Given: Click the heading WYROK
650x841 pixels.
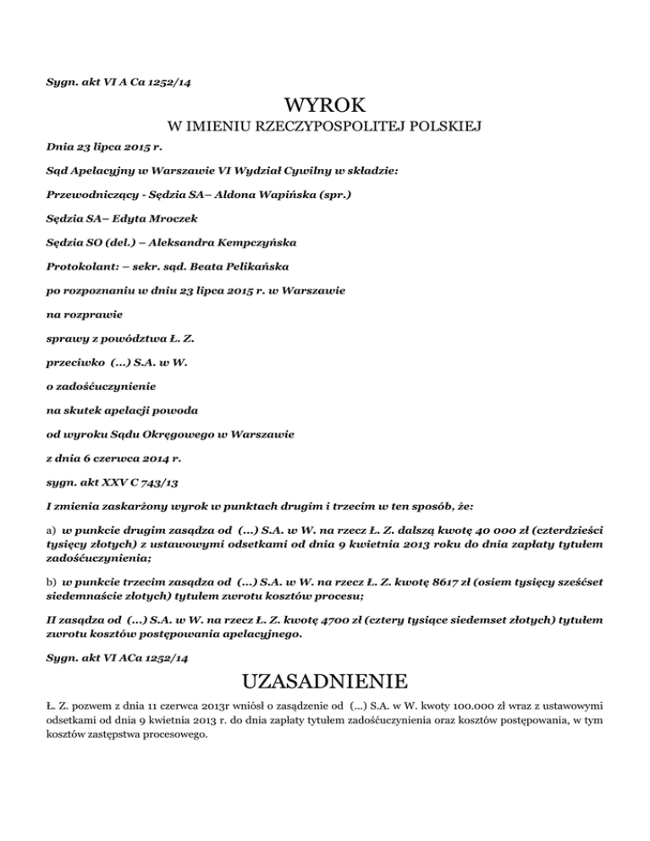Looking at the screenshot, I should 325,106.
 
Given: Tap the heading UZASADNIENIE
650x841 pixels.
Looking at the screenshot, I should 325,682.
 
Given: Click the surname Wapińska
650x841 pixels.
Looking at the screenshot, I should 273,195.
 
